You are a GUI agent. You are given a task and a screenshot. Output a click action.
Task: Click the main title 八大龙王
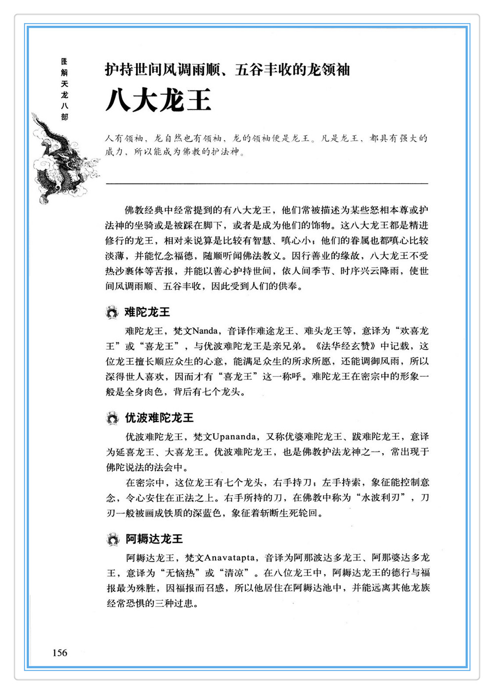tap(158, 100)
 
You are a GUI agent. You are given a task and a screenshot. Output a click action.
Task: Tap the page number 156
tap(59, 653)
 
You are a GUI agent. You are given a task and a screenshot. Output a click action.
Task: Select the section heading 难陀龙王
tap(147, 312)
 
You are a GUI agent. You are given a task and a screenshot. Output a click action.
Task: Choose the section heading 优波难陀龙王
tap(159, 418)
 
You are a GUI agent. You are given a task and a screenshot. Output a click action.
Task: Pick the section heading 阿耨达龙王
tap(153, 539)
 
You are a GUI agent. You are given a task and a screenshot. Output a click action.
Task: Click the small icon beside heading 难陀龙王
tap(112, 313)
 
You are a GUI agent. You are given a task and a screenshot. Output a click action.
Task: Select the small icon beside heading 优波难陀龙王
tap(112, 418)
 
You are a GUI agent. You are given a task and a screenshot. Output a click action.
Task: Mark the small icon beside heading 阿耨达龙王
tap(113, 539)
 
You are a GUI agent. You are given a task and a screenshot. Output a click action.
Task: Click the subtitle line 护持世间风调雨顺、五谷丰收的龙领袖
tap(227, 70)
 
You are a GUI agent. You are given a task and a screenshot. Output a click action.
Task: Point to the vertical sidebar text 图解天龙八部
tap(64, 89)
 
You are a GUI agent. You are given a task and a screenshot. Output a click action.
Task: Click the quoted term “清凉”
tap(232, 573)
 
